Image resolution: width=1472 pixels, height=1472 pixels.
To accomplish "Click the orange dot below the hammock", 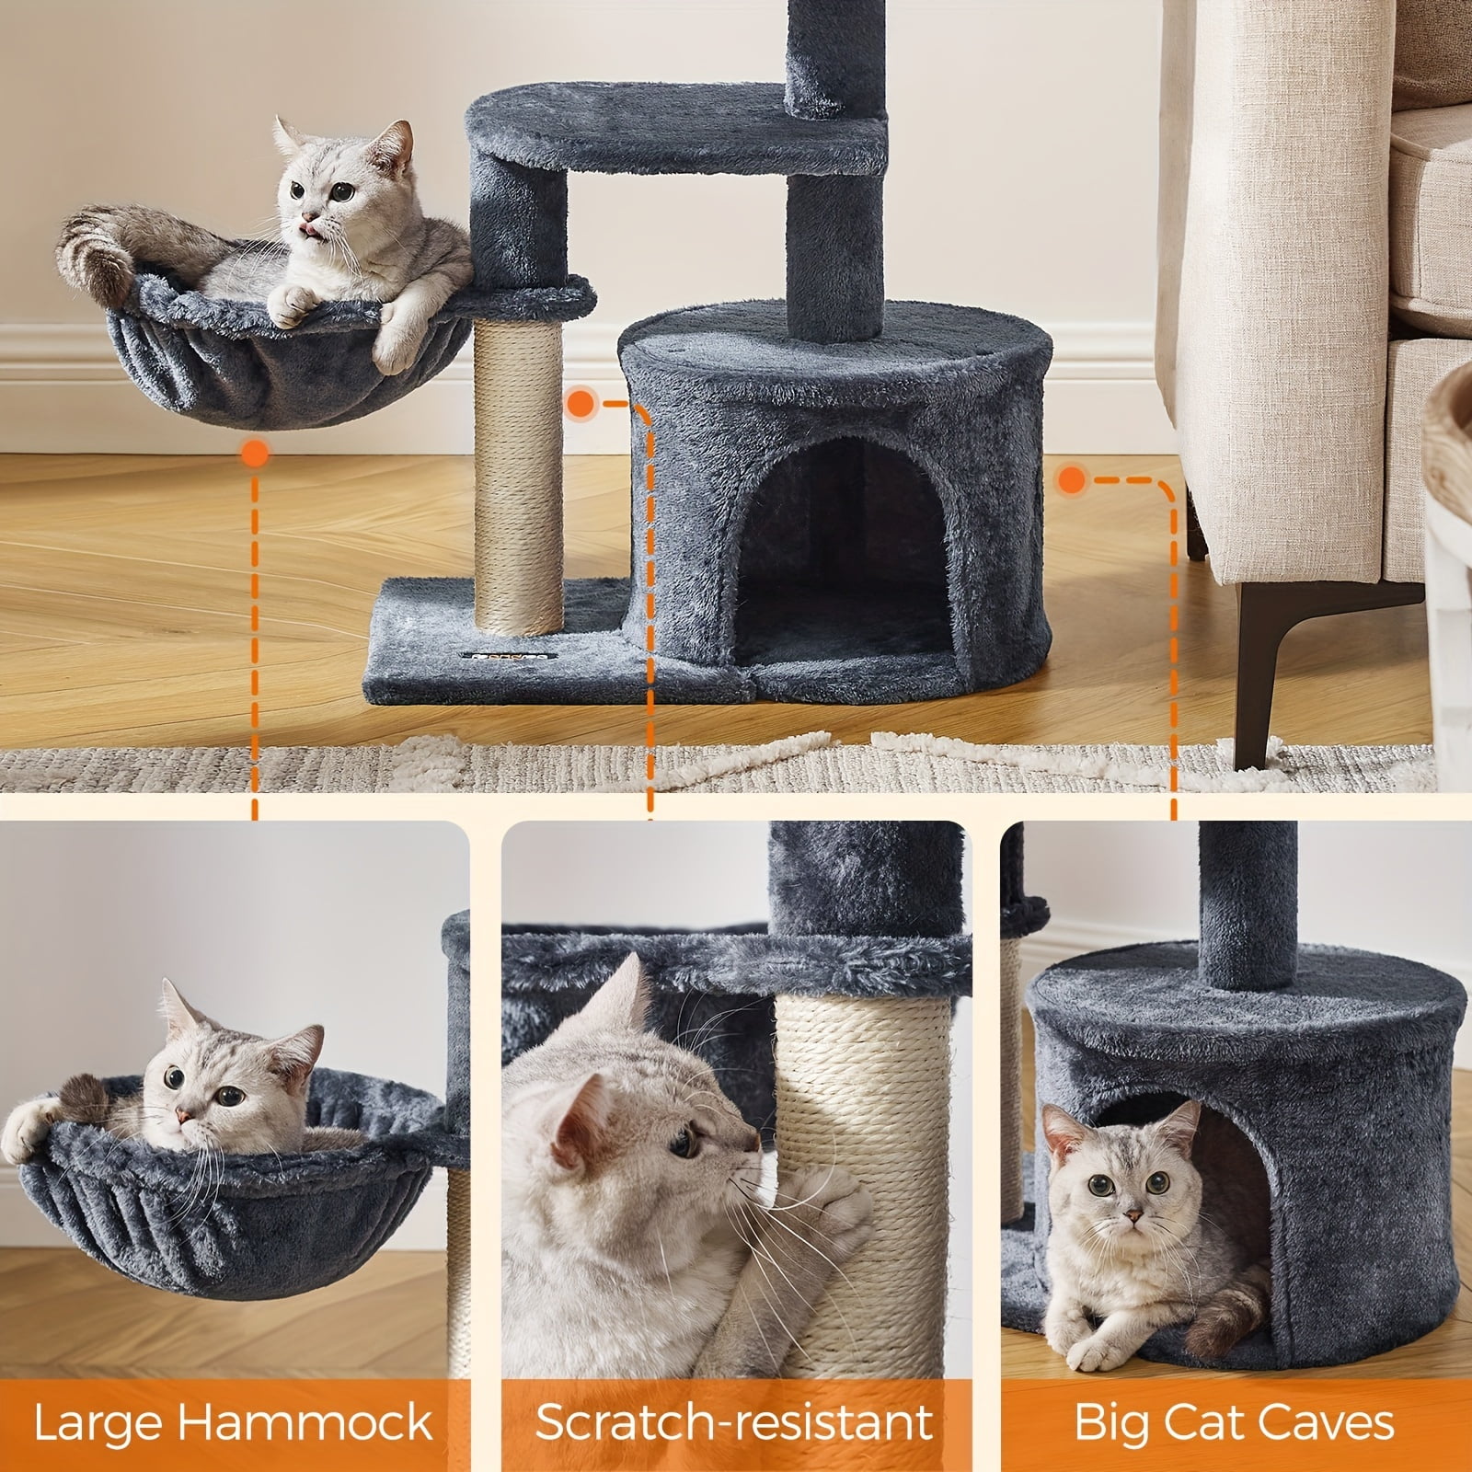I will click(254, 453).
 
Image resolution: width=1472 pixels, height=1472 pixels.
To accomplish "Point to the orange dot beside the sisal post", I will click(581, 402).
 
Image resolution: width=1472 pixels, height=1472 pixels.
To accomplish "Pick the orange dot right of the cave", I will click(1069, 478).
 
